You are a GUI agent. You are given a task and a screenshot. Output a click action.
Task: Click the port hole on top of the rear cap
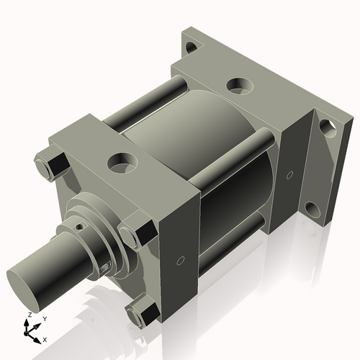238,86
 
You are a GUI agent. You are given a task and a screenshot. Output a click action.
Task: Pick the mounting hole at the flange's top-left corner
190,50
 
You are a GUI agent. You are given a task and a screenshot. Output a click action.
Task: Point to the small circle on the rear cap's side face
289,174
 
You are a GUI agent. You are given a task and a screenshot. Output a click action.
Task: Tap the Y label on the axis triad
44,318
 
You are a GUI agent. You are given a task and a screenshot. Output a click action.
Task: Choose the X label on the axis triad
45,338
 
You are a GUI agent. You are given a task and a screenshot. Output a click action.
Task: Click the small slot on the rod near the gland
106,268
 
